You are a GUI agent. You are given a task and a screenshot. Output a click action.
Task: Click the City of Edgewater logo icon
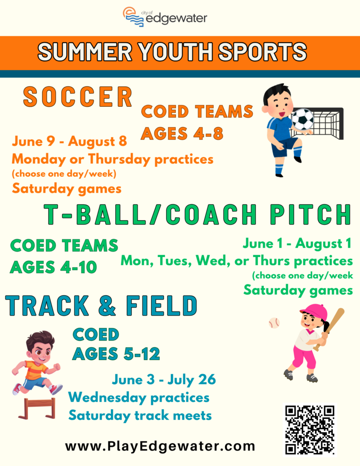click(133, 17)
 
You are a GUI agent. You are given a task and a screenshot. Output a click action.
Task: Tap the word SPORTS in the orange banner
click(262, 52)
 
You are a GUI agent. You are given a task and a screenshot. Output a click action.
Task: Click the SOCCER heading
click(78, 97)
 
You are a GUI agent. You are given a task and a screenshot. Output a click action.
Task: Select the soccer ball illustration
click(303, 119)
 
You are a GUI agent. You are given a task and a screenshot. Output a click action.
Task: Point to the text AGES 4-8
click(182, 133)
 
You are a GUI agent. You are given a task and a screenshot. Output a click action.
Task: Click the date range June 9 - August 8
click(69, 141)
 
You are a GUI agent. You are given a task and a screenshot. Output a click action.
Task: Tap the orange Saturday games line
click(67, 189)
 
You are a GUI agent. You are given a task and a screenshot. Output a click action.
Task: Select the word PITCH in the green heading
click(311, 214)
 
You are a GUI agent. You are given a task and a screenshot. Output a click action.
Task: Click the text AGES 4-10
click(53, 267)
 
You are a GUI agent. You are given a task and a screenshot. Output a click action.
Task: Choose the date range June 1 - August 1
click(297, 244)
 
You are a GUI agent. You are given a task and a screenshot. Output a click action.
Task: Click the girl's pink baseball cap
click(314, 311)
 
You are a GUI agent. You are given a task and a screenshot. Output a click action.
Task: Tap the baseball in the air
click(274, 323)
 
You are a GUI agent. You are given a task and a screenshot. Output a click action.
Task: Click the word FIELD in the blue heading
click(162, 305)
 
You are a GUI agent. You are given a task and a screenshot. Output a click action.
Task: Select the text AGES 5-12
click(116, 354)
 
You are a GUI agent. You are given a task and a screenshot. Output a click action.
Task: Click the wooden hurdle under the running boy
click(37, 408)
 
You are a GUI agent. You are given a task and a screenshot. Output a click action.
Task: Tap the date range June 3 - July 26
click(164, 380)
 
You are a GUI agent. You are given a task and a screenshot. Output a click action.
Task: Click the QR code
click(310, 430)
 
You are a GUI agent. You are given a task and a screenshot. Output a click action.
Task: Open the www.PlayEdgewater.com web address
click(160, 446)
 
